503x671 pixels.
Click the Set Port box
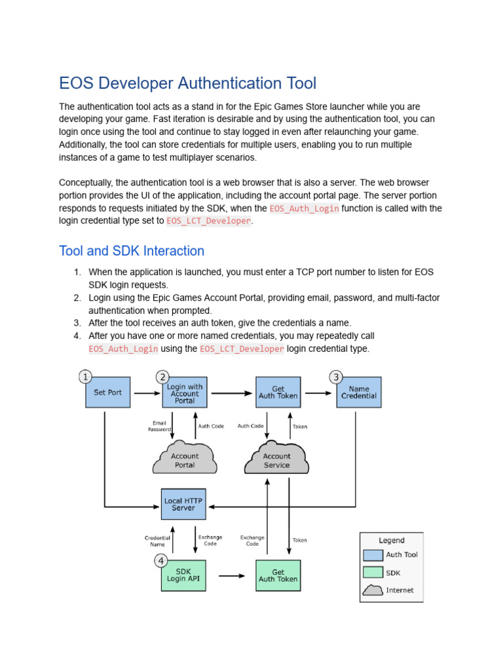[x=108, y=393]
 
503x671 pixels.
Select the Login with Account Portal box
[x=185, y=393]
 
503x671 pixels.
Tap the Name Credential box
[x=359, y=393]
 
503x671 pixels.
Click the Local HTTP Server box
[x=183, y=504]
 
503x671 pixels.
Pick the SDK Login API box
[x=183, y=575]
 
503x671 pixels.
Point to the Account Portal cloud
[x=185, y=460]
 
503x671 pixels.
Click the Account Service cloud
[x=276, y=460]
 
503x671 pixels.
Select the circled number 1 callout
[x=85, y=376]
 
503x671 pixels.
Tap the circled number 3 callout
[x=336, y=376]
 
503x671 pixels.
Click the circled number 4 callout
[x=161, y=560]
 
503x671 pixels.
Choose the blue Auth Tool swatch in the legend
[x=373, y=555]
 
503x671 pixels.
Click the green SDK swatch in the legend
[x=373, y=572]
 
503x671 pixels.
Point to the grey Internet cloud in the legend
[x=373, y=590]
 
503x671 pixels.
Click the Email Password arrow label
[x=159, y=426]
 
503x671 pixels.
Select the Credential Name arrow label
[x=157, y=541]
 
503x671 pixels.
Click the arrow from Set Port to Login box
[x=145, y=393]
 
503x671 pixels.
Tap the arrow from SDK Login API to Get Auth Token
[x=231, y=576]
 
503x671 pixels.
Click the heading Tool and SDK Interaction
[x=132, y=251]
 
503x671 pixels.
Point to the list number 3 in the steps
[x=77, y=323]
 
